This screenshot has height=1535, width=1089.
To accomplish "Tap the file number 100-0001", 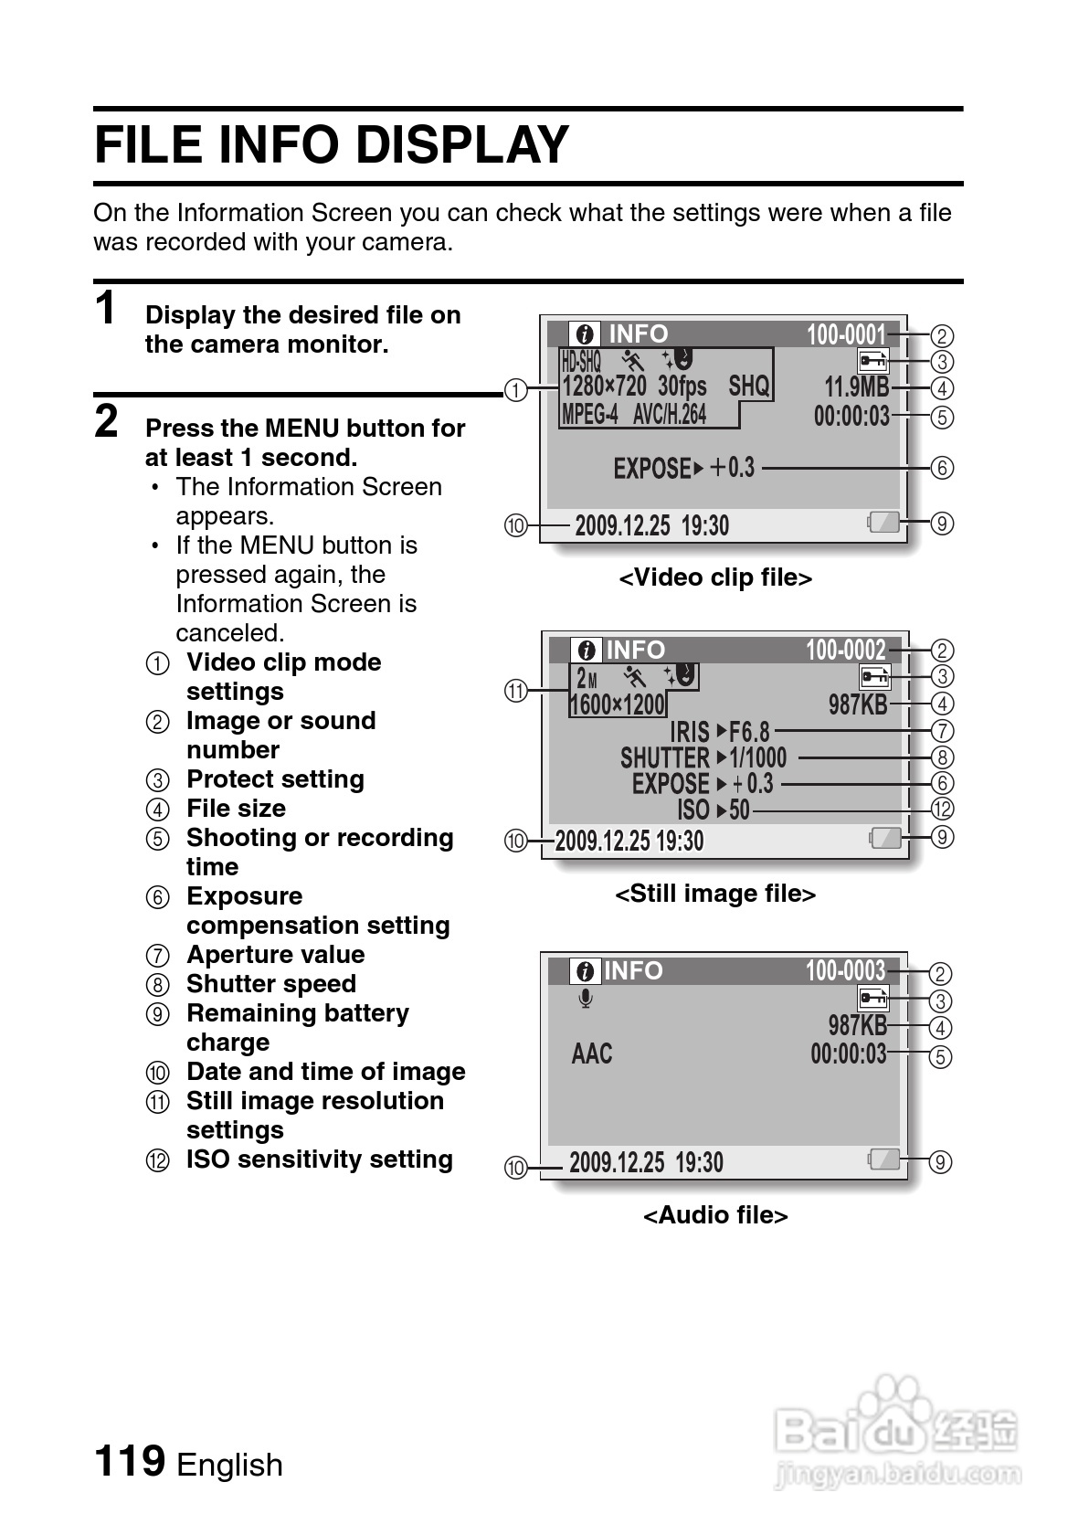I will [846, 335].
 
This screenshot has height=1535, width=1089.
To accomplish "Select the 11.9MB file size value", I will [856, 387].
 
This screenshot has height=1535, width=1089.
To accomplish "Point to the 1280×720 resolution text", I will [604, 386].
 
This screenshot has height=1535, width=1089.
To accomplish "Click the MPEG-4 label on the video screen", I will [589, 415].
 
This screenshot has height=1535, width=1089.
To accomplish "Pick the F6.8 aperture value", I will [749, 732].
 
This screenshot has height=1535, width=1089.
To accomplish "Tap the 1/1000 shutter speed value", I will [757, 757].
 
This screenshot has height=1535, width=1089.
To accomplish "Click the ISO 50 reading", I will [714, 810].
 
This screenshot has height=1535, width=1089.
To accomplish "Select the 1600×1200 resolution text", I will [618, 704].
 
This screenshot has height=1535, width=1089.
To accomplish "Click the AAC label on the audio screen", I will [592, 1053].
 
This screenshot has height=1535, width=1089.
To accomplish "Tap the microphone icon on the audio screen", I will [586, 1000].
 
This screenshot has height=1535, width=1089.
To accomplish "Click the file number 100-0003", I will [845, 970].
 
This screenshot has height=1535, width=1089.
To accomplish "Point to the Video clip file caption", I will [715, 577].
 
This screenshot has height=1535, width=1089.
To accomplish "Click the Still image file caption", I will [715, 894].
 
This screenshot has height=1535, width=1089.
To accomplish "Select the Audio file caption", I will [715, 1215].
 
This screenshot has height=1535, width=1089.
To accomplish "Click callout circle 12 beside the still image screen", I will [942, 810].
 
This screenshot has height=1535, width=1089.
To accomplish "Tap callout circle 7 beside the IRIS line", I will [942, 731].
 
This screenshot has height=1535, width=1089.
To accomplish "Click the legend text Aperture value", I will [275, 955].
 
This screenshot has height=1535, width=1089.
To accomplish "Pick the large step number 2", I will [107, 422].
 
